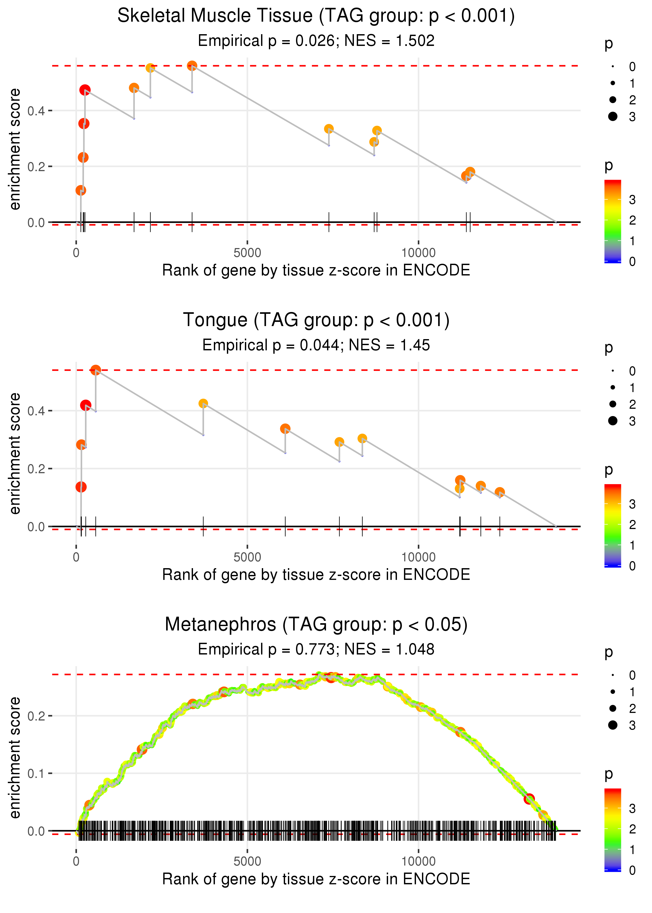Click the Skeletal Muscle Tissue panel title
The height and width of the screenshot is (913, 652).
point(316,16)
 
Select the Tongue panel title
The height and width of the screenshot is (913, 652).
point(316,320)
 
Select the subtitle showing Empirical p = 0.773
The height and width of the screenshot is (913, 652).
point(316,650)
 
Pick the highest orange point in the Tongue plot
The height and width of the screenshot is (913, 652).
point(95,370)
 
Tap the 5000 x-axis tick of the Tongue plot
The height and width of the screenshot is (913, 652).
point(247,557)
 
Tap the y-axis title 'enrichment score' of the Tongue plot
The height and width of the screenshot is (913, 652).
point(15,454)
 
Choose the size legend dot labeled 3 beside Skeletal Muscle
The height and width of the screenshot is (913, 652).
point(613,116)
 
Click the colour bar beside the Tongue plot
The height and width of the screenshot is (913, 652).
point(613,525)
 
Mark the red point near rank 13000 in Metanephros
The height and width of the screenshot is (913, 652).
point(529,799)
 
